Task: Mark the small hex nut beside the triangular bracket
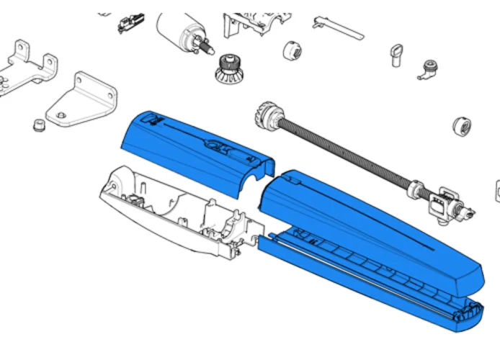click(x=38, y=126)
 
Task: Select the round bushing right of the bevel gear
click(x=293, y=51)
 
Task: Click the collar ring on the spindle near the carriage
click(x=414, y=192)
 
